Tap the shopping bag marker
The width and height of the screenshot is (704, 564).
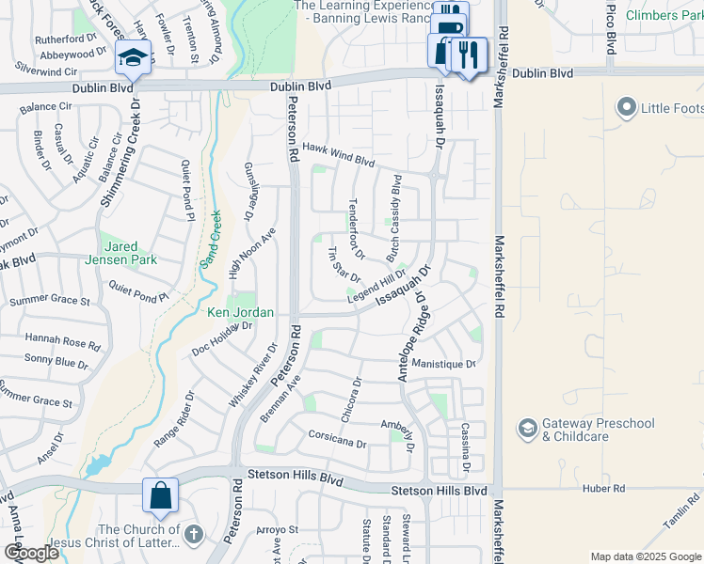[161, 494]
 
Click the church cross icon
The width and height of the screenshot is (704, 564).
[193, 535]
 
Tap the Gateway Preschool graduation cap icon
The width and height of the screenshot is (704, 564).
[527, 430]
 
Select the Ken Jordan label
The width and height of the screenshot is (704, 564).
[241, 312]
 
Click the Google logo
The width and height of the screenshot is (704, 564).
[30, 553]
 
